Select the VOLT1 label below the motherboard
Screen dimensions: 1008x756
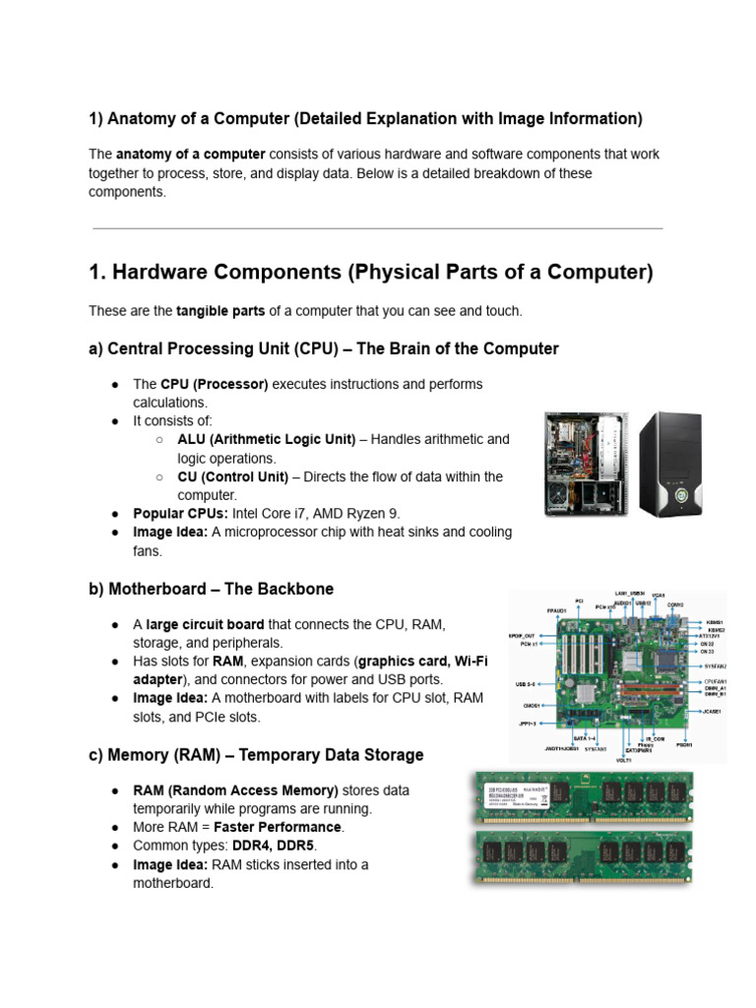point(623,760)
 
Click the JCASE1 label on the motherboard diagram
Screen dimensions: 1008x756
point(713,711)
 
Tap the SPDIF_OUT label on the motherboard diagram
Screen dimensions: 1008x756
point(522,635)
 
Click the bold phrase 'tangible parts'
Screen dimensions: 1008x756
point(220,311)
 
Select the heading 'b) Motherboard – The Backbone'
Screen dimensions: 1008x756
point(211,589)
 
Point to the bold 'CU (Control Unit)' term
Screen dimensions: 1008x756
point(233,476)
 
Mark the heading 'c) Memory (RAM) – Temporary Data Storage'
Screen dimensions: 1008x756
point(256,755)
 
